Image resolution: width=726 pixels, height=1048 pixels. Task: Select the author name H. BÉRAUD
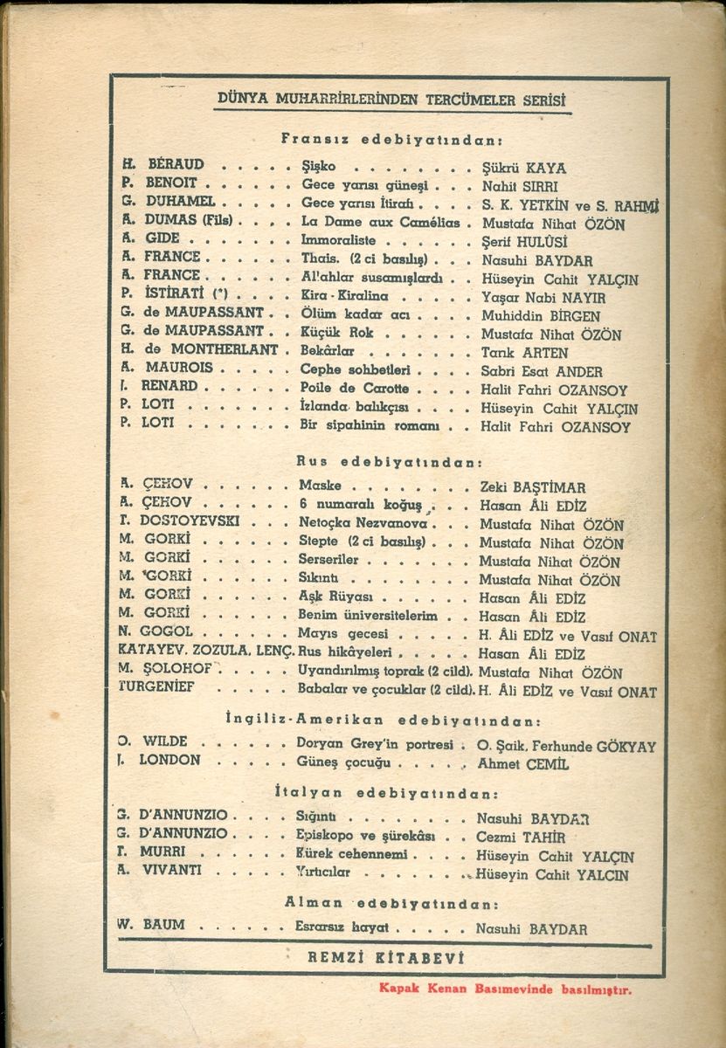163,165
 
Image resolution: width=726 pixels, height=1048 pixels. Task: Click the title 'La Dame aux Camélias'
380,222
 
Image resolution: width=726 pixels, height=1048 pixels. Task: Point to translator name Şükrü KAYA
524,167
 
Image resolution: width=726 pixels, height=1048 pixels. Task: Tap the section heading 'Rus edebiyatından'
390,461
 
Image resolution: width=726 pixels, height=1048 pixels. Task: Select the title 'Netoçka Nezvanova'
362,525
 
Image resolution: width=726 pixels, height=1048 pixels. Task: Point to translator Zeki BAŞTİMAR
533,487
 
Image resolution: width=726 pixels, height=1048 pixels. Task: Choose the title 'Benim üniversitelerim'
368,616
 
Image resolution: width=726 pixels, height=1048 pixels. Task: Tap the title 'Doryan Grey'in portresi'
375,745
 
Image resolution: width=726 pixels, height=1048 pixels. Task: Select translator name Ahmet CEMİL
523,763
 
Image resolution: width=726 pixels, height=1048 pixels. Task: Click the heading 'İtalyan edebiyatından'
386,794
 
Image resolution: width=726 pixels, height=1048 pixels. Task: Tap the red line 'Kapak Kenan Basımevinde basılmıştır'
504,989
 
